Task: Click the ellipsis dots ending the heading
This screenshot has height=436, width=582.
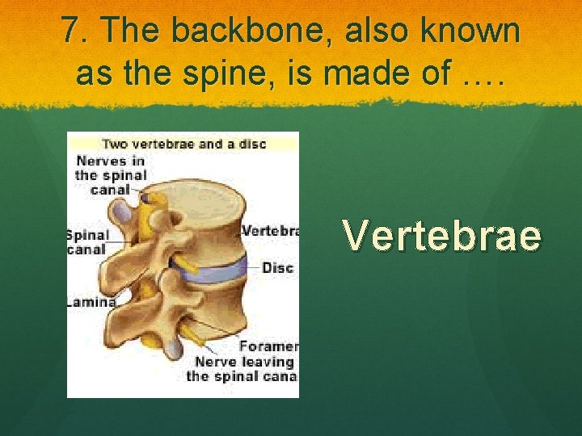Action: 483,79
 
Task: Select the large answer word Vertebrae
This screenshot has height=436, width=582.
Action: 441,236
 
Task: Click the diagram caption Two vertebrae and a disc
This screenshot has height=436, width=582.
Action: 183,145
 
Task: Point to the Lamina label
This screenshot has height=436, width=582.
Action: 91,302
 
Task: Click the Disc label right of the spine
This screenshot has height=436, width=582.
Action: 277,267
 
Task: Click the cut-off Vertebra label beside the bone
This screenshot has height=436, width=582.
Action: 271,230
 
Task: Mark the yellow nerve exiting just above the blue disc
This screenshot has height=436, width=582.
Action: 185,262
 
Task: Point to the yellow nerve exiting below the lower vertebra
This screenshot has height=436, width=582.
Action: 192,330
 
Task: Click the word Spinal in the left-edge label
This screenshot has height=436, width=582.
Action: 87,235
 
